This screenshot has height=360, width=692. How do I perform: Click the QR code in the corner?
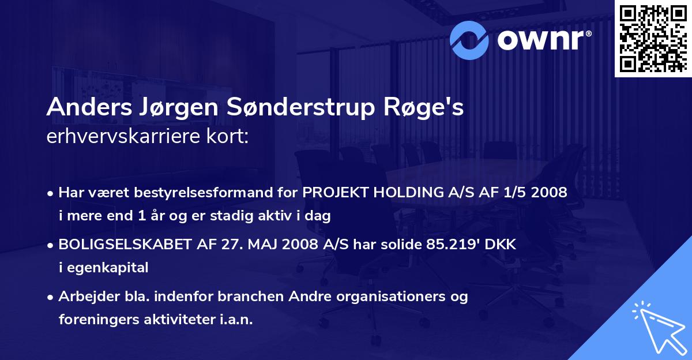click(653, 38)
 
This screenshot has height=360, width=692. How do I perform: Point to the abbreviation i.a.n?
click(234, 320)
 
